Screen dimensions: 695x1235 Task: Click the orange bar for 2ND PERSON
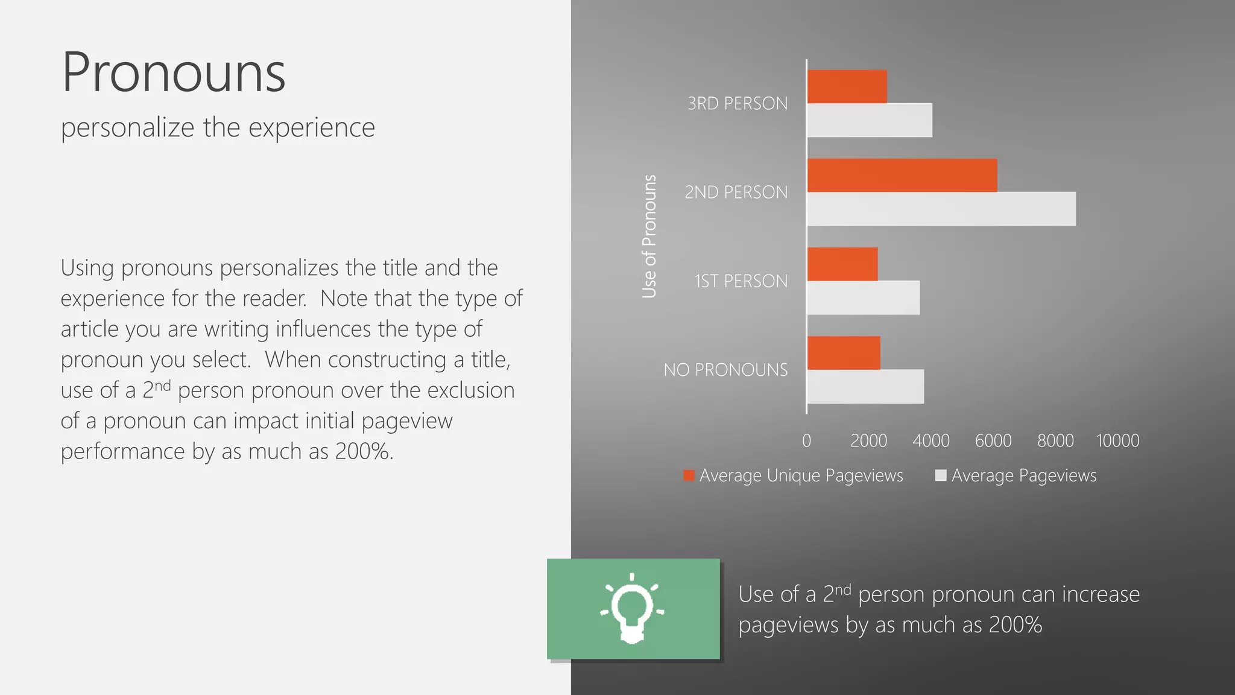pyautogui.click(x=902, y=176)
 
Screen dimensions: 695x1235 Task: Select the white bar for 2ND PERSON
pyautogui.click(x=941, y=209)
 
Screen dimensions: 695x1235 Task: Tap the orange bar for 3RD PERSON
pyautogui.click(x=847, y=87)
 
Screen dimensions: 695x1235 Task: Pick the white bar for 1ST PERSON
pyautogui.click(x=863, y=297)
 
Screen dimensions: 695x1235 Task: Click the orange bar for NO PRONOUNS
pyautogui.click(x=843, y=353)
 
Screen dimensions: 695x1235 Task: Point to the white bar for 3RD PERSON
pyautogui.click(x=869, y=120)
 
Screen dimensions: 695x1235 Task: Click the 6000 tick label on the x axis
pyautogui.click(x=993, y=441)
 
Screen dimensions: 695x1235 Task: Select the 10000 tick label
pyautogui.click(x=1117, y=441)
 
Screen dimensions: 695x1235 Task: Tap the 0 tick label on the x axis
pyautogui.click(x=807, y=441)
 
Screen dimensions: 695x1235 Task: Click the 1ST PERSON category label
pyautogui.click(x=741, y=281)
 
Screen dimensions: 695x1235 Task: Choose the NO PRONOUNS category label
pyautogui.click(x=725, y=370)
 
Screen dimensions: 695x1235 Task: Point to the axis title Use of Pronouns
pyautogui.click(x=649, y=236)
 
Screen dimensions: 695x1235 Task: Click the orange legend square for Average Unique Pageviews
pyautogui.click(x=689, y=475)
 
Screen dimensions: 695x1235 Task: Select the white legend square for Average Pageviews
pyautogui.click(x=940, y=475)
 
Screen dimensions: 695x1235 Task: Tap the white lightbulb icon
pyautogui.click(x=632, y=608)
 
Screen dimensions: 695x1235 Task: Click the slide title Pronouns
pyautogui.click(x=174, y=72)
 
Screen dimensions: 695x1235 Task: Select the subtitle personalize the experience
pyautogui.click(x=218, y=128)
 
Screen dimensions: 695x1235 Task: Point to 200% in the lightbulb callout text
pyautogui.click(x=1015, y=625)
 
